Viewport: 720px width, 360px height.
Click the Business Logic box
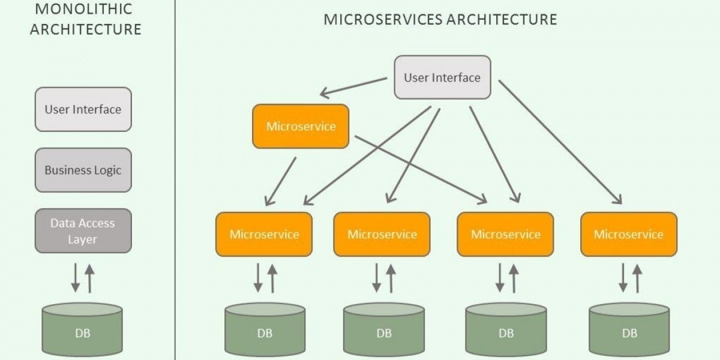pyautogui.click(x=83, y=170)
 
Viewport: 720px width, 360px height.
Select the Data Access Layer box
pyautogui.click(x=83, y=231)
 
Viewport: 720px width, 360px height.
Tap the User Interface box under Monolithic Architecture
pyautogui.click(x=83, y=109)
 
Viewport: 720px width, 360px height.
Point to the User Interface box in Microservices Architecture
pyautogui.click(x=442, y=77)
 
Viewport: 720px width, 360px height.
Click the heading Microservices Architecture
pyautogui.click(x=440, y=19)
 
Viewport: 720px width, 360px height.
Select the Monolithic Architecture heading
pyautogui.click(x=85, y=19)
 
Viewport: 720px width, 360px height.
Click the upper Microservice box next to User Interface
pyautogui.click(x=301, y=126)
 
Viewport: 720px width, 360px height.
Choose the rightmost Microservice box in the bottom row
pyautogui.click(x=629, y=234)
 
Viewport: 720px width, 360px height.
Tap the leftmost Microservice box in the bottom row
pyautogui.click(x=264, y=234)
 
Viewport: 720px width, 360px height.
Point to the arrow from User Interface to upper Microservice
pyautogui.click(x=354, y=86)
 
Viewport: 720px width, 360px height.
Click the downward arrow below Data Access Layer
pyautogui.click(x=76, y=278)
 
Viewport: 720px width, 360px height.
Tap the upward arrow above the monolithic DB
pyautogui.click(x=90, y=278)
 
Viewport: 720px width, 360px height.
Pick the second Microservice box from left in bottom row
pyautogui.click(x=382, y=234)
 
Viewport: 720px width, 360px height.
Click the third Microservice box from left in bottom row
pyautogui.click(x=505, y=234)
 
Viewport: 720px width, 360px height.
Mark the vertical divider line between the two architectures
pyautogui.click(x=175, y=180)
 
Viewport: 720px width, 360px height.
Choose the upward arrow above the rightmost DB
pyautogui.click(x=637, y=278)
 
